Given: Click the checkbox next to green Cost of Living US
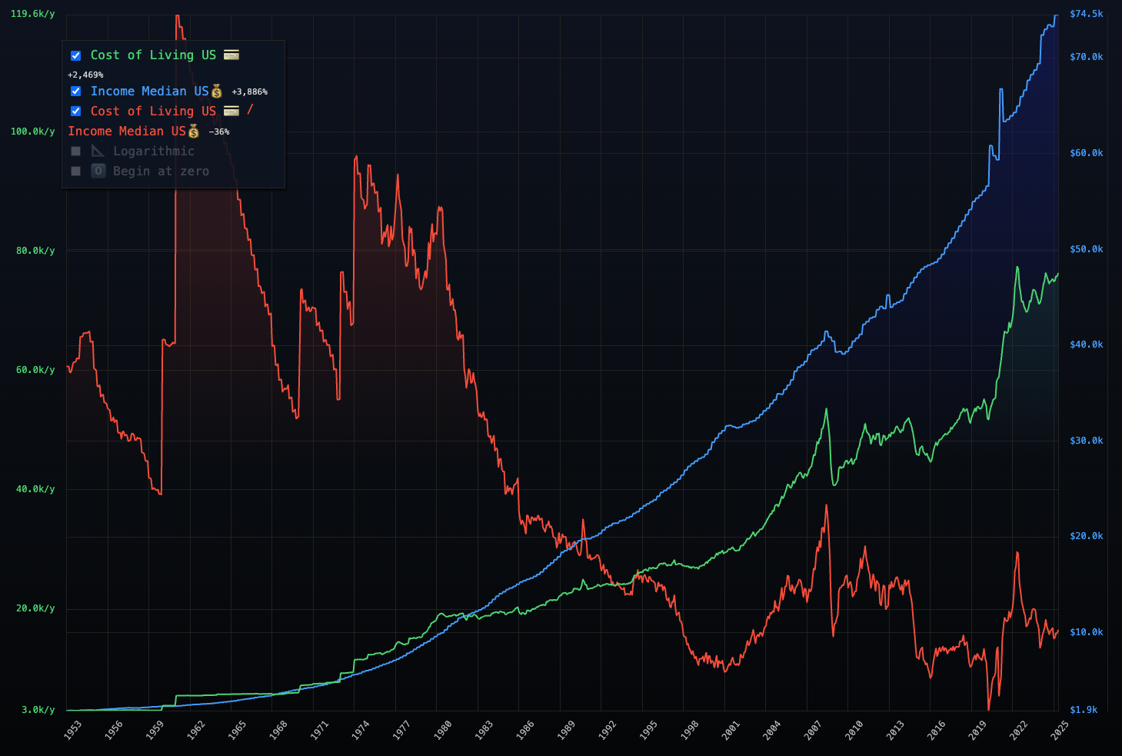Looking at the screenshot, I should click(75, 55).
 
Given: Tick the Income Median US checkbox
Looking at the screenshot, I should click(75, 92).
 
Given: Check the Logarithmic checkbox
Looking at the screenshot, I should click(75, 152).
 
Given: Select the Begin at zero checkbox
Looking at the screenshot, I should click(75, 172).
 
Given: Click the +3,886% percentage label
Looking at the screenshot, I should click(249, 92).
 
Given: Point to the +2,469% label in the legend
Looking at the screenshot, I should click(85, 75).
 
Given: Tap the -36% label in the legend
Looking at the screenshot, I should click(219, 132).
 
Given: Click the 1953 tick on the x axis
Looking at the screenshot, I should click(72, 730).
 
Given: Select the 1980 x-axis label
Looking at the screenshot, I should click(442, 730).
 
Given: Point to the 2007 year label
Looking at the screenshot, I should click(813, 730).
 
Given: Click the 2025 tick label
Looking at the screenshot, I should click(1060, 730).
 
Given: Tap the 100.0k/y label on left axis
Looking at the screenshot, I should click(32, 132).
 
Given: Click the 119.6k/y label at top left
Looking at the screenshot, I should click(32, 14).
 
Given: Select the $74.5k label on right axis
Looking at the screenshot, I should click(1086, 14).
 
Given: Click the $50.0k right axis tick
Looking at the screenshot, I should click(1086, 249).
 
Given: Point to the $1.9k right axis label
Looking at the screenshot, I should click(1084, 710).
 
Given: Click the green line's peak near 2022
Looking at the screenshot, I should click(1017, 268).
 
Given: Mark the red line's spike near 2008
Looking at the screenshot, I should click(827, 505).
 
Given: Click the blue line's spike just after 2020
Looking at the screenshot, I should click(1000, 90).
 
